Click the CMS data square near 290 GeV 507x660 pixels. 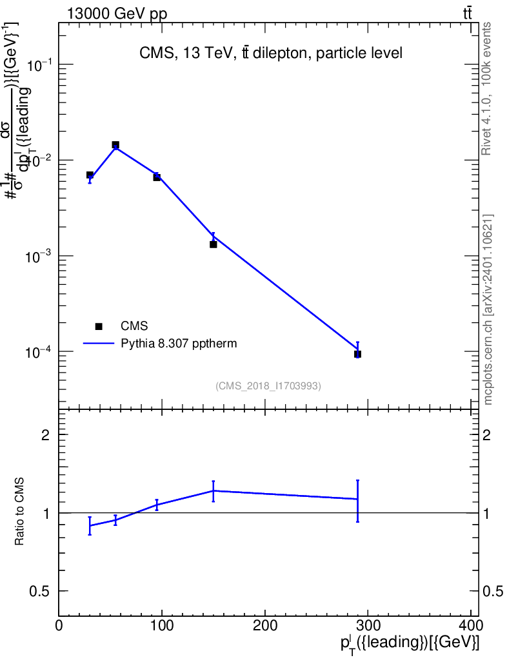coord(357,354)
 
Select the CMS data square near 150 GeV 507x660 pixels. coord(213,244)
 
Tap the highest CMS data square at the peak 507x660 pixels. coord(115,145)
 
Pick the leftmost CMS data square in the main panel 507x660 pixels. coord(90,175)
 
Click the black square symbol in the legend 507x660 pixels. coord(98,326)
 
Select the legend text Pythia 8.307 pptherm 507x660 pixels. coord(179,344)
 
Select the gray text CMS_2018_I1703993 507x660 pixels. coord(268,386)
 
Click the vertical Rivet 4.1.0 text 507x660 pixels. coord(487,89)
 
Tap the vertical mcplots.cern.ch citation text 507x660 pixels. coord(488,309)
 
